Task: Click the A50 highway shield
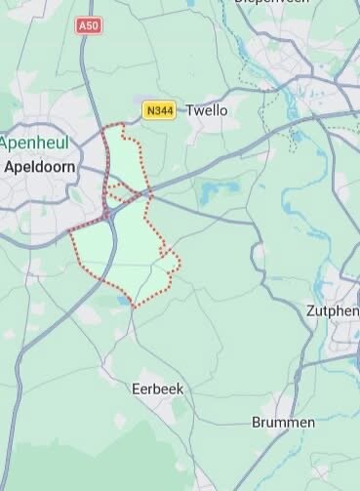coord(89,23)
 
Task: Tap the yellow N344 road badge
coord(159,111)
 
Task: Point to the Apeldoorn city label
coord(40,167)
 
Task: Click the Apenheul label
coord(33,143)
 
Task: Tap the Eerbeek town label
coord(157,389)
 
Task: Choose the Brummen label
coord(283,423)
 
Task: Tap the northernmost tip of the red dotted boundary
coord(122,125)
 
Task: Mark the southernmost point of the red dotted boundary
coord(133,307)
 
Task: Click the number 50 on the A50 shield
coord(92,23)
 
